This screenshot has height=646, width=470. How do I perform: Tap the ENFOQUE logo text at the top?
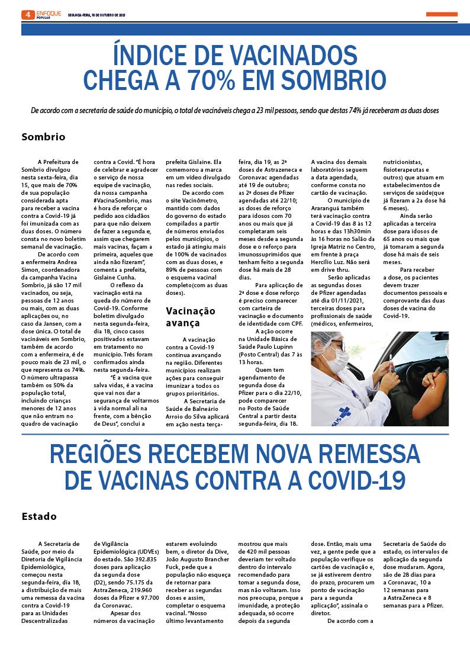[x=48, y=12]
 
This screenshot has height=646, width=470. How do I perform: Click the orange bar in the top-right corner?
[x=441, y=14]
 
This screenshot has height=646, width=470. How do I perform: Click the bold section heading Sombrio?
[x=43, y=137]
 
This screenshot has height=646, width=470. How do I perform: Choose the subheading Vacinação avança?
[x=190, y=317]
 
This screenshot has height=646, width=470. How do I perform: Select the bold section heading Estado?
[x=39, y=516]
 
